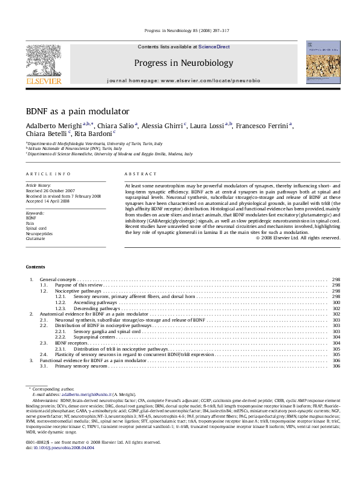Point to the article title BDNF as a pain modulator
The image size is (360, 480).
(x=77, y=112)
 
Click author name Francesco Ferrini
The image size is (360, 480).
(x=264, y=126)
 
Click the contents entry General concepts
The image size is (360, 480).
(x=58, y=279)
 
